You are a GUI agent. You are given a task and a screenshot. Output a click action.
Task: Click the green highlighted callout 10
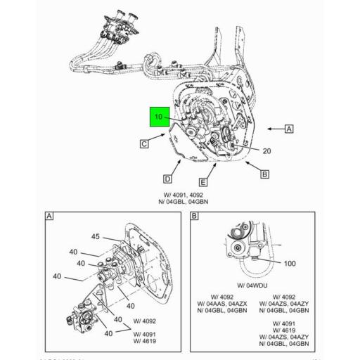tap(158, 117)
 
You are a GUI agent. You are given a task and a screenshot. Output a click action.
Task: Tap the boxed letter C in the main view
tap(143, 144)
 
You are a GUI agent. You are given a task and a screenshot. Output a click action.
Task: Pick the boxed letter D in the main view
tap(168, 179)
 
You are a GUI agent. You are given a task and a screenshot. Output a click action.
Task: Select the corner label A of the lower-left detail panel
tap(49, 217)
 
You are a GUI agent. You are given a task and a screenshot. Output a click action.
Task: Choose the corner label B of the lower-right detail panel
tap(194, 217)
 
